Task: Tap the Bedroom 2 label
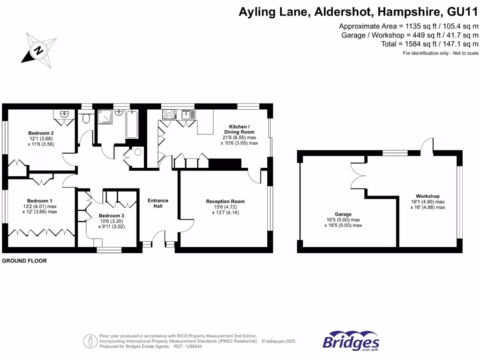point(41,133)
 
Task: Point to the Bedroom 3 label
point(112,216)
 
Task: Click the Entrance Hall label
point(158,203)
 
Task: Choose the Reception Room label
point(225,202)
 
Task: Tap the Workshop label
point(427,196)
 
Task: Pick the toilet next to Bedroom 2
point(86,118)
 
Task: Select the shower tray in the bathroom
point(105,118)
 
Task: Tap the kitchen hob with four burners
point(168,114)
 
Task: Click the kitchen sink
point(189,114)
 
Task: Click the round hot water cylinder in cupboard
point(137,152)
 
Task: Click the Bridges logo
point(351,341)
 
